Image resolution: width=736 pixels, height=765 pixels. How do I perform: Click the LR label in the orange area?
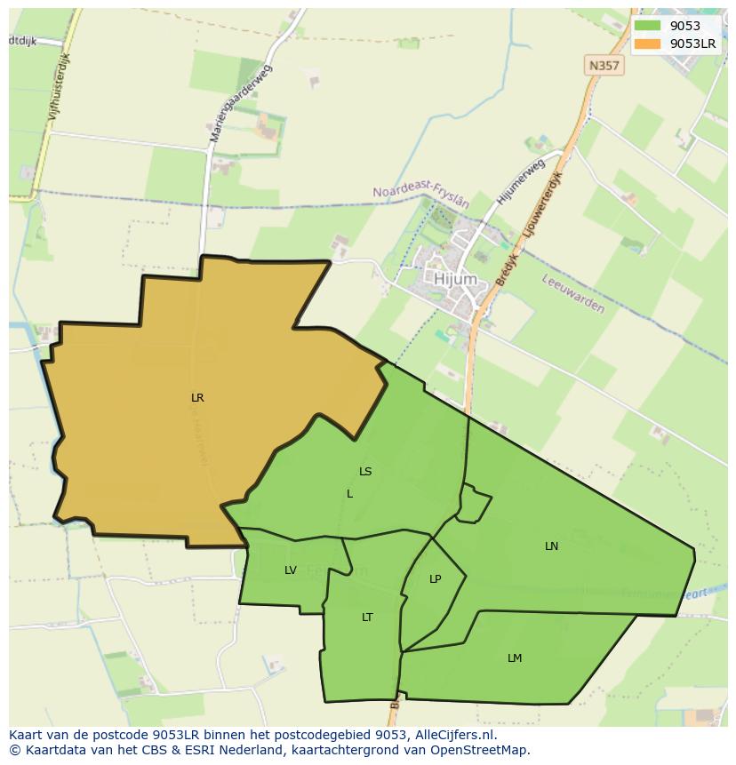tap(197, 398)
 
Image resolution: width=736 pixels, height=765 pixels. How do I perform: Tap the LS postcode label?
tap(365, 472)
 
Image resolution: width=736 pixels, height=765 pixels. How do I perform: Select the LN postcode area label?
tap(551, 546)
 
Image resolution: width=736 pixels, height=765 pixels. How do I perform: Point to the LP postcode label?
tap(435, 579)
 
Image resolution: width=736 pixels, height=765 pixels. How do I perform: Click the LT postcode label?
tap(367, 618)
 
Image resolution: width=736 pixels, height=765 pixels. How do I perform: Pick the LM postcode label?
tap(515, 658)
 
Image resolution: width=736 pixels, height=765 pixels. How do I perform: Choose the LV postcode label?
tap(291, 570)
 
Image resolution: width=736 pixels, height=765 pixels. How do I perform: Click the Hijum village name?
tap(455, 279)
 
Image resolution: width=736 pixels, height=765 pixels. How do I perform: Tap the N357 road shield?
tap(604, 65)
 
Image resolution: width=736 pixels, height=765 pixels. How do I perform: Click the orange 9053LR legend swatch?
tap(648, 43)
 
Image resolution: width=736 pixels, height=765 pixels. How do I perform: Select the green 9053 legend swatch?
tap(648, 26)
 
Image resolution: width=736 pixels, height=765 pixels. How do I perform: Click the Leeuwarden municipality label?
tap(572, 293)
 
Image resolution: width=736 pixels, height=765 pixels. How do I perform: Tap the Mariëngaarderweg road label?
tap(241, 104)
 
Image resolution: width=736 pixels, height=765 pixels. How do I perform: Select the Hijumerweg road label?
tap(520, 183)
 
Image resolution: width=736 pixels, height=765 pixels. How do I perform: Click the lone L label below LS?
tap(349, 494)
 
